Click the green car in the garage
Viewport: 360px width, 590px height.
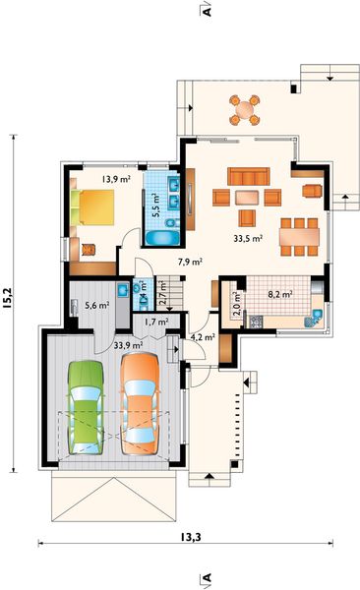click(86, 407)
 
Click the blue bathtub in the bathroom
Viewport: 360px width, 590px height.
click(162, 238)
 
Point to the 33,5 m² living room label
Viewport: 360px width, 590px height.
click(248, 238)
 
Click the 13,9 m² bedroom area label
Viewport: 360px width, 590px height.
click(116, 179)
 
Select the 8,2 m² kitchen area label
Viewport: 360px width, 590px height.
click(280, 294)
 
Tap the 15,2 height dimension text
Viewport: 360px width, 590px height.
click(7, 298)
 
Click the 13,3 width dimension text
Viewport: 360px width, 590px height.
click(190, 537)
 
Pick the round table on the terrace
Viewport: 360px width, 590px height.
click(245, 109)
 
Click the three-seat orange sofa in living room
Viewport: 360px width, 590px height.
click(249, 176)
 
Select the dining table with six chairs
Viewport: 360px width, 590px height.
click(299, 237)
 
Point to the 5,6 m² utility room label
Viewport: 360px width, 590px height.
click(96, 305)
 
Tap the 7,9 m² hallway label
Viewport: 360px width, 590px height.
click(190, 262)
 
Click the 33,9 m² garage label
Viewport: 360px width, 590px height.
click(128, 345)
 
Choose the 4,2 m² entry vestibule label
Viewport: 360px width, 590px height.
click(203, 337)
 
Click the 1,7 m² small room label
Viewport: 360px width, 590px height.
click(156, 323)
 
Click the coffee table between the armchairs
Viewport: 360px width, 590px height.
click(247, 198)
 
